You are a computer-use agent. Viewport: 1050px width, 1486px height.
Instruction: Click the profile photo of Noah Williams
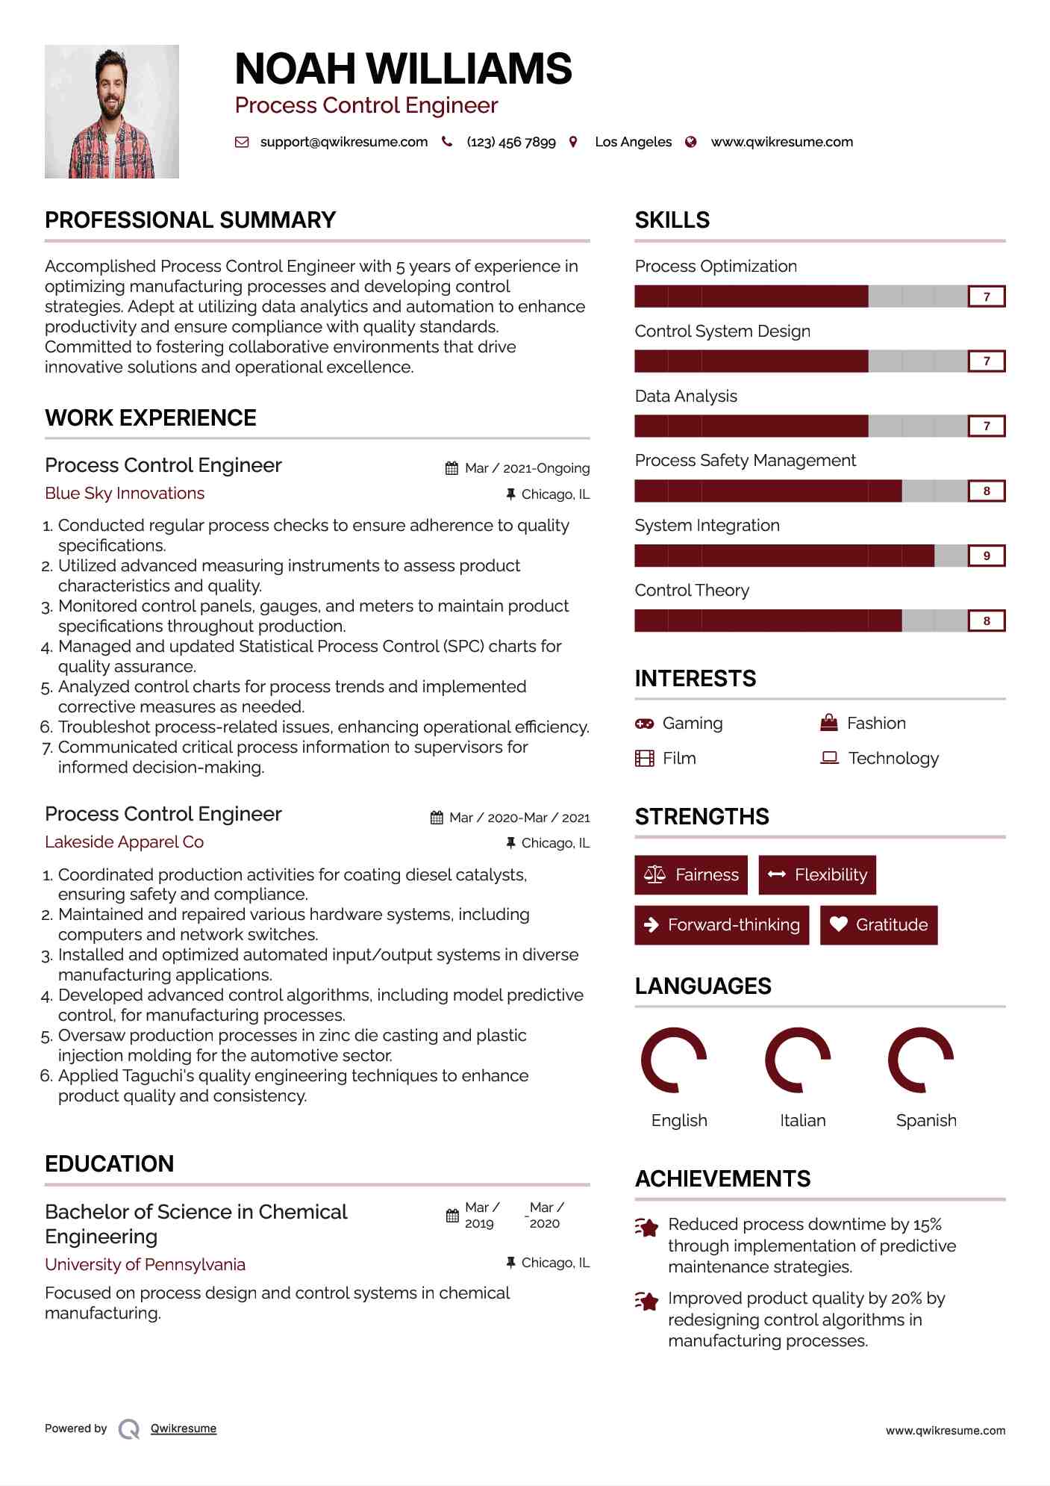point(112,111)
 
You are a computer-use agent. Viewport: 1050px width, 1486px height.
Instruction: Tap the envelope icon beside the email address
point(242,142)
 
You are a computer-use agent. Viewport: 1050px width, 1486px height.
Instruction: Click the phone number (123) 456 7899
point(511,142)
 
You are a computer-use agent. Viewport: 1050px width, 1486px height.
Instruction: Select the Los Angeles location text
point(633,142)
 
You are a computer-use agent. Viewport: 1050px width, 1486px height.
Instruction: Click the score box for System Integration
point(986,556)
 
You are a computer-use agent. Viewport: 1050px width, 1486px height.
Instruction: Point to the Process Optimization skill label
point(716,267)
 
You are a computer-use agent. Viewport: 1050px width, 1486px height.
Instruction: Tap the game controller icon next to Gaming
point(644,724)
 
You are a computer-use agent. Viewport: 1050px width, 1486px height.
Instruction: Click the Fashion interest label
point(876,724)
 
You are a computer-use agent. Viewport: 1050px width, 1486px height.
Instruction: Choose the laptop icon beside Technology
point(829,758)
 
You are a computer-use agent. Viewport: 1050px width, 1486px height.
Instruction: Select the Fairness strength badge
point(691,874)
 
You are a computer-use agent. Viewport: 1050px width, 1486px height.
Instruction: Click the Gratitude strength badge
point(878,924)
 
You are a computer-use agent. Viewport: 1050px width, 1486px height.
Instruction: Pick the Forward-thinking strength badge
point(722,924)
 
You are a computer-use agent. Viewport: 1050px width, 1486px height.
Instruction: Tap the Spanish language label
point(926,1120)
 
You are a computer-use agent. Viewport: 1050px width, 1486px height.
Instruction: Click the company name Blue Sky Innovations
point(125,494)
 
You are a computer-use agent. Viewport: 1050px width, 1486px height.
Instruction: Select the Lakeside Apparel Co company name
point(124,842)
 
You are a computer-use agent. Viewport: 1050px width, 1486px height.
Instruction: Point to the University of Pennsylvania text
point(145,1264)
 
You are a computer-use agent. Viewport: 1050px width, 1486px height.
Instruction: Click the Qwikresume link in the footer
point(184,1429)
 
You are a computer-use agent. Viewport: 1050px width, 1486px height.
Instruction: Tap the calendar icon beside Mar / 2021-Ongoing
point(451,468)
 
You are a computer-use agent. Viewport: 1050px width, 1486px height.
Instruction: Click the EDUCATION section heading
point(109,1163)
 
